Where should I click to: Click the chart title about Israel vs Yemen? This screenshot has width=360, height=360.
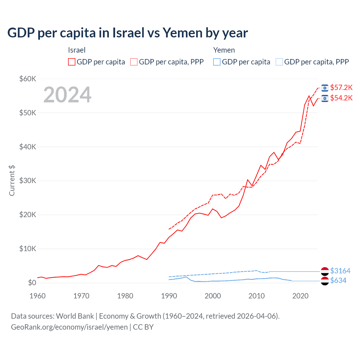click(127, 33)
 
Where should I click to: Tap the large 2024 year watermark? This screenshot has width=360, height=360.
click(67, 95)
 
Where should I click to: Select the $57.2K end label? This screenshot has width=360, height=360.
click(341, 87)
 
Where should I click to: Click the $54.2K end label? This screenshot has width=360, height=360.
click(341, 98)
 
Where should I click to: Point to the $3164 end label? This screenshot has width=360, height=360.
click(340, 271)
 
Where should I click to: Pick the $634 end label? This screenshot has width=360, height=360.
click(338, 280)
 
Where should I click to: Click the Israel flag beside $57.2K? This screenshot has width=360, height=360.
click(325, 88)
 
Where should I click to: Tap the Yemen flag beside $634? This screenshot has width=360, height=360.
click(325, 281)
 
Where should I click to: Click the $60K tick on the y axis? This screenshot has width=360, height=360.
click(28, 79)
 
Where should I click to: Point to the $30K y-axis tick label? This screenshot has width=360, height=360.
click(28, 181)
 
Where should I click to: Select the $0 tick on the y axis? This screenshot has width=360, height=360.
click(32, 283)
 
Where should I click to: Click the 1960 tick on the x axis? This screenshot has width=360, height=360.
click(37, 296)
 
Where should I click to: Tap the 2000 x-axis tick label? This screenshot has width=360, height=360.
click(213, 296)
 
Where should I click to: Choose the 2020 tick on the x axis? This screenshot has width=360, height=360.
click(300, 296)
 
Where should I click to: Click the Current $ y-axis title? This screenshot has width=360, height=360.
click(12, 181)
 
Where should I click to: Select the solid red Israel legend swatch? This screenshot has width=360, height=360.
click(72, 62)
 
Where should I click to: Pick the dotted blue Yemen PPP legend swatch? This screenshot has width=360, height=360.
click(279, 62)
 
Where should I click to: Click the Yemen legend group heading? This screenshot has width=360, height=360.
click(224, 50)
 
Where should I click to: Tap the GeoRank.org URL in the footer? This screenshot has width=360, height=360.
click(69, 327)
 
